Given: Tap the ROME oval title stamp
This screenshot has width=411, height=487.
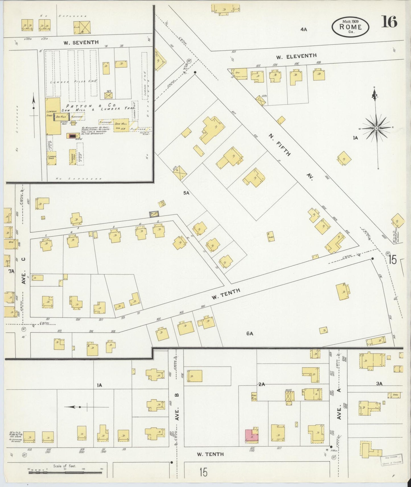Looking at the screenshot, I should click(350, 27).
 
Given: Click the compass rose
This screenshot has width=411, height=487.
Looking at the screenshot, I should click(376, 128).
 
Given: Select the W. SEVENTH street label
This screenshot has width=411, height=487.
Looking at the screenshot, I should click(81, 43).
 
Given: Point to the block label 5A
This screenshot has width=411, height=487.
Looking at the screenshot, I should click(186, 193).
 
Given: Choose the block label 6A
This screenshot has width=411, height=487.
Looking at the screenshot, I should click(250, 334).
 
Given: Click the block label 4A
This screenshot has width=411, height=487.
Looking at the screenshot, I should click(304, 29).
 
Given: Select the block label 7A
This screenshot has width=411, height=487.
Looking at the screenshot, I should click(11, 271).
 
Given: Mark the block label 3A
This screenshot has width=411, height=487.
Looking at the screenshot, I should click(379, 384).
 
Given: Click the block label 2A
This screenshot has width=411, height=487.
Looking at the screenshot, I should click(262, 384).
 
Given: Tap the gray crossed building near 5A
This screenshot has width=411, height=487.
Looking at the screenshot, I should click(154, 215).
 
